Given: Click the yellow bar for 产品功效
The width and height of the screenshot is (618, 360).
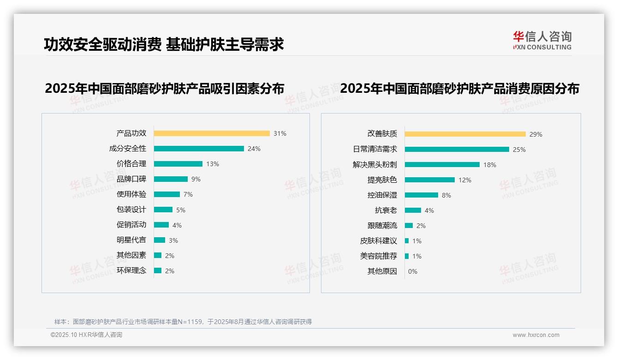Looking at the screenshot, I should [x=212, y=133].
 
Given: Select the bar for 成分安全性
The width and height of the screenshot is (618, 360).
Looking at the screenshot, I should [x=199, y=149].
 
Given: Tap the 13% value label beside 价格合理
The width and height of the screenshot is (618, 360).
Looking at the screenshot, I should [x=213, y=164].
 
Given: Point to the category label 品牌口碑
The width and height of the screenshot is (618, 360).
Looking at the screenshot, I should [x=131, y=179].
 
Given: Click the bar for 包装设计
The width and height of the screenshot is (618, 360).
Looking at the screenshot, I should [x=163, y=210].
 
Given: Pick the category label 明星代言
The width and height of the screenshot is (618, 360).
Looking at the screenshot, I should [x=131, y=240].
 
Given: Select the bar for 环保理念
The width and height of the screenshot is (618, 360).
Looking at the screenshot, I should [x=158, y=270].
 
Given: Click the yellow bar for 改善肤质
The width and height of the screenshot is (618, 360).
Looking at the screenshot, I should [x=465, y=134].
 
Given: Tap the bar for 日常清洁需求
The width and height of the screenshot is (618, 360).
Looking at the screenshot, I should [x=457, y=150].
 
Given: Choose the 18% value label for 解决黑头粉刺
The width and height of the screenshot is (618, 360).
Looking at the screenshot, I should [x=490, y=165].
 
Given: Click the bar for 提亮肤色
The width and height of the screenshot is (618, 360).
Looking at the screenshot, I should [x=430, y=180].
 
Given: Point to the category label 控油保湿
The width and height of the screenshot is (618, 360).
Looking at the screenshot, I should [x=382, y=195].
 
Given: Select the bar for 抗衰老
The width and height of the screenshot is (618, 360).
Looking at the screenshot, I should [x=413, y=210].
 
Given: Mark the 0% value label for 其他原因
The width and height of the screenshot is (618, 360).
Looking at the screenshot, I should [x=413, y=271].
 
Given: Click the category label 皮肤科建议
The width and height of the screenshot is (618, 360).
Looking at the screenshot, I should [x=379, y=241].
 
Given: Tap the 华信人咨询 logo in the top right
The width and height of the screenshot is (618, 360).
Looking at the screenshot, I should [x=542, y=41].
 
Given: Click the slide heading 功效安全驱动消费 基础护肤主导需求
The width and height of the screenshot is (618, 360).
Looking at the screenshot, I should [x=164, y=44].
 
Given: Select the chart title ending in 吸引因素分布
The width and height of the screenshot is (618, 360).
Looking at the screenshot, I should [x=165, y=88].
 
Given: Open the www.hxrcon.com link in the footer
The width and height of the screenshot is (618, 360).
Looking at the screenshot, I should [x=536, y=335].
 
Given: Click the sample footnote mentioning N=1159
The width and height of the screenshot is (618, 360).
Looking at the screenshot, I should [x=183, y=322].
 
